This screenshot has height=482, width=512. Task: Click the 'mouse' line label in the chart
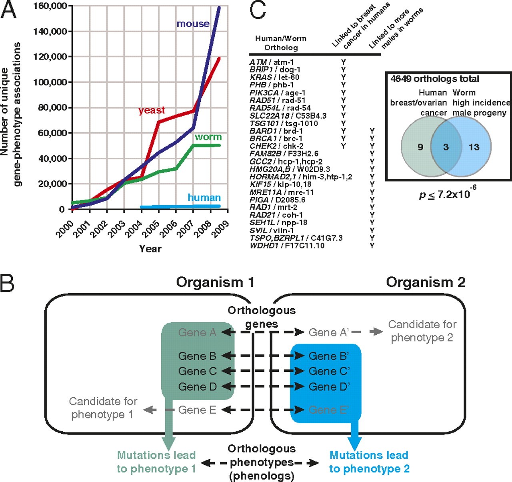[x=193, y=24]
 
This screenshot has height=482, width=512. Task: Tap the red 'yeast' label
[x=152, y=110]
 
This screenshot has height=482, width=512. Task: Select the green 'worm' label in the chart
[x=208, y=137]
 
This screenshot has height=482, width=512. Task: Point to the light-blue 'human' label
[x=204, y=198]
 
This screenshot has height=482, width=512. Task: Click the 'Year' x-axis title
[x=150, y=249]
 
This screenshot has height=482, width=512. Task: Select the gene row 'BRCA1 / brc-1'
[x=276, y=139]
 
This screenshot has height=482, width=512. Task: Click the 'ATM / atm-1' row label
[x=272, y=62]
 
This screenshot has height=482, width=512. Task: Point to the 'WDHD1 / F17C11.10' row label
[x=287, y=246]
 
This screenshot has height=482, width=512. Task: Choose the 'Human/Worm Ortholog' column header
[x=281, y=43]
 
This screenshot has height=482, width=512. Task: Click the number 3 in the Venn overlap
[x=446, y=147]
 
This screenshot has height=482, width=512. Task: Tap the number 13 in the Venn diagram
[x=474, y=147]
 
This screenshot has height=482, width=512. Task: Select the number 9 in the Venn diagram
[x=420, y=147]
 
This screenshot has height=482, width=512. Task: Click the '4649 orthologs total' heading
[x=435, y=79]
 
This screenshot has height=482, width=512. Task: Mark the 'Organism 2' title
[x=426, y=282]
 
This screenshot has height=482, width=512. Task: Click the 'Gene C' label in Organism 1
[x=197, y=371]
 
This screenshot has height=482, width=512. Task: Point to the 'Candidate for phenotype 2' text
[x=422, y=331]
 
